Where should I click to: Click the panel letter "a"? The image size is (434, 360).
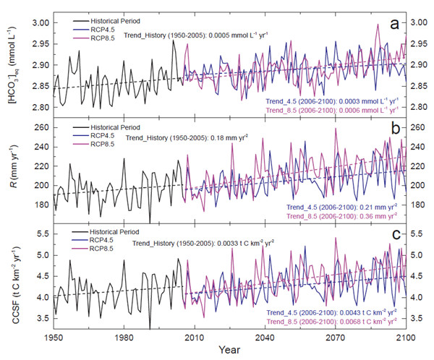click(x=394, y=24)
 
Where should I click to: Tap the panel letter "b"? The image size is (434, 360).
click(x=395, y=132)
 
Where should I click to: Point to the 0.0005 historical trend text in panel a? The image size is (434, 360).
click(x=209, y=33)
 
